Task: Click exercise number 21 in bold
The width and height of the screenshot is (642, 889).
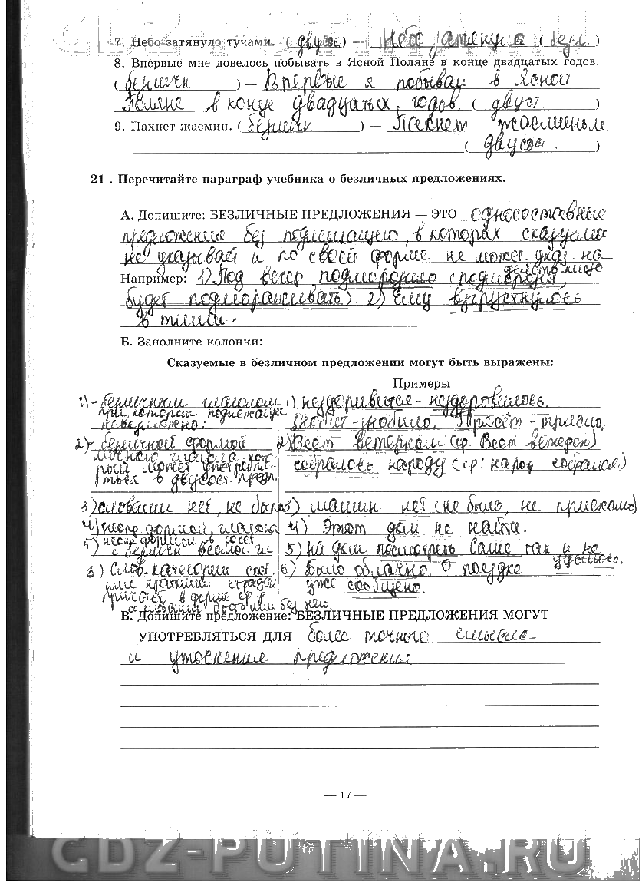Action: (97, 179)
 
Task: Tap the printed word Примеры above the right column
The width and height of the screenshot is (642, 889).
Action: (421, 383)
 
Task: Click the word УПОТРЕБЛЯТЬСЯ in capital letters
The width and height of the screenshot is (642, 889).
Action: (215, 636)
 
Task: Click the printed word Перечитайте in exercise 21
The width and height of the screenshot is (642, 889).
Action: (155, 179)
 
